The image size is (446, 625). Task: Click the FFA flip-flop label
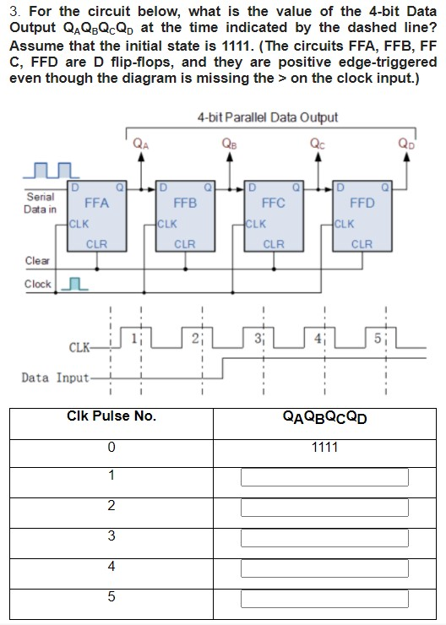coord(96,204)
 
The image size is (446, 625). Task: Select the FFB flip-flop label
coord(184,204)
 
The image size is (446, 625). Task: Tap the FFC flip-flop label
coord(273,204)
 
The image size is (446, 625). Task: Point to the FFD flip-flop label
coord(362,204)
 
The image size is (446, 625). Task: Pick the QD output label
coord(406,143)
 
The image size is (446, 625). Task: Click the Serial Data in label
coord(41,203)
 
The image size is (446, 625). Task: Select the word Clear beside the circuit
coord(38,261)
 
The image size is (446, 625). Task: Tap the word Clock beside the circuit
coord(38,285)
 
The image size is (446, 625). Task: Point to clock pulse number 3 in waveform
coord(261,340)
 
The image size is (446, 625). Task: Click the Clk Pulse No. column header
coord(111,416)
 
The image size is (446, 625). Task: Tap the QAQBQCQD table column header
coord(324,416)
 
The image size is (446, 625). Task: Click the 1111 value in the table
coord(324,447)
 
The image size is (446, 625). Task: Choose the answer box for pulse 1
coord(324,477)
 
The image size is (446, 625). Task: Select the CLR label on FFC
coord(273,245)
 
